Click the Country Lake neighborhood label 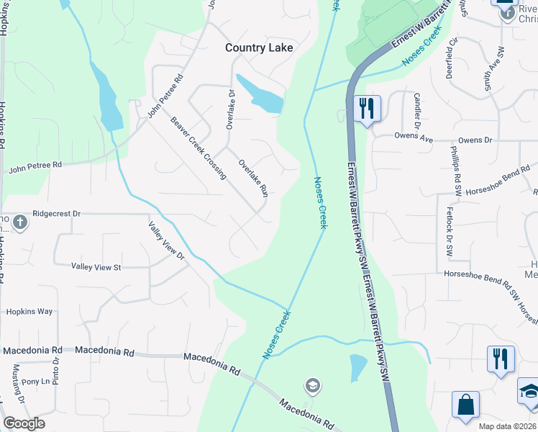click(259, 48)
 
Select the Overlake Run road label click(253, 178)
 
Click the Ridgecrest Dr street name click(56, 214)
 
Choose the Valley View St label click(96, 267)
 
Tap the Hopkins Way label click(29, 312)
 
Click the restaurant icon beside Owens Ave click(368, 109)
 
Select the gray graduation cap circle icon click(312, 386)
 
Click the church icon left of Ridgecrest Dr click(19, 222)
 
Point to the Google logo click(24, 423)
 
